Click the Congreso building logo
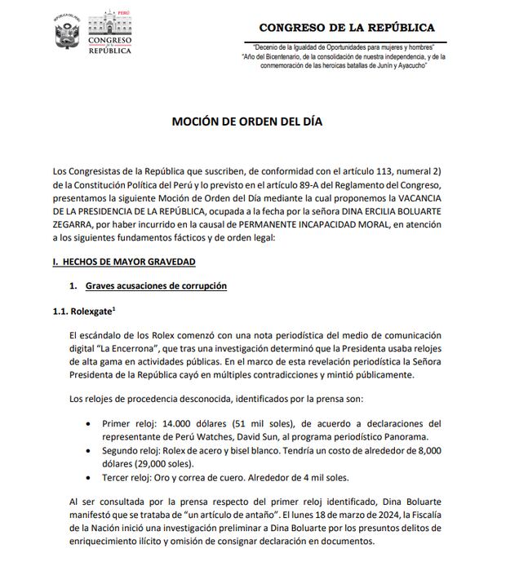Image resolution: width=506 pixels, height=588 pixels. (x=109, y=33)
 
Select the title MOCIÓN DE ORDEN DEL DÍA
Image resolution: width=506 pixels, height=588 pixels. (x=247, y=122)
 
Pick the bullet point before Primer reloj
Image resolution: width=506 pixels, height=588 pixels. (x=87, y=424)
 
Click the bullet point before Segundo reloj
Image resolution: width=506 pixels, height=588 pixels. (x=87, y=450)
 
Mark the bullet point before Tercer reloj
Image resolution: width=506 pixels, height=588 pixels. (x=87, y=476)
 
